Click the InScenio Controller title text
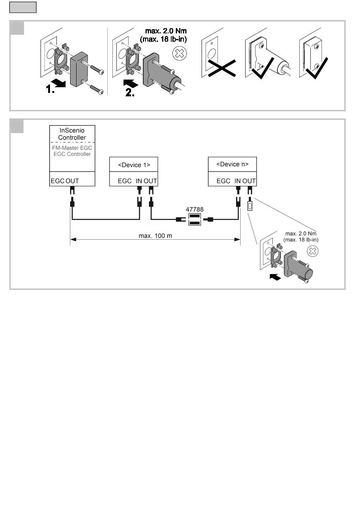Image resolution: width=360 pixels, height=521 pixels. pos(72,134)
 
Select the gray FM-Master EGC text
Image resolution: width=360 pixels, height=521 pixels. pos(72,148)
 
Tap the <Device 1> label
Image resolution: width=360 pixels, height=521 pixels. pos(134,165)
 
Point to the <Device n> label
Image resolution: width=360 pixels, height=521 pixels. pos(232,164)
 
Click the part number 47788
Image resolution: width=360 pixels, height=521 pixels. pos(194,209)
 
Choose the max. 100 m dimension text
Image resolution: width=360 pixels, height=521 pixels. pos(155,236)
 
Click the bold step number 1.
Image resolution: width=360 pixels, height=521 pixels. pos(50,89)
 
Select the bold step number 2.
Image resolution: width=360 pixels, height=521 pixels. pos(130,93)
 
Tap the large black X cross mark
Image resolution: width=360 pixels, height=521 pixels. pos(222,68)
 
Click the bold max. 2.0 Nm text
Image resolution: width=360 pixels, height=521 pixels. pos(166,31)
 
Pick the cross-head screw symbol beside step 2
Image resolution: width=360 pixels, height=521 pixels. pos(179,53)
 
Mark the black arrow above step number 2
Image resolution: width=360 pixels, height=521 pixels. pos(130,84)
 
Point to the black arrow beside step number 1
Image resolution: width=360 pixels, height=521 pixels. pos(58,83)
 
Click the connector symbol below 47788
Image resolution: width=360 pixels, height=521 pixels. pos(194,220)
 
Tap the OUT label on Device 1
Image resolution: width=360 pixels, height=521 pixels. pos(150,181)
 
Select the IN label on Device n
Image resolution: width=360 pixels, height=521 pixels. pos(238,181)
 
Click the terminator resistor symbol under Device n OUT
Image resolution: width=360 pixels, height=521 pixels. pos(250,206)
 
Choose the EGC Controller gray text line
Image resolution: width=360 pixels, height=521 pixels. pos(72,154)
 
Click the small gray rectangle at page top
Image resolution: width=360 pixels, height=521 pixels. pos(23,7)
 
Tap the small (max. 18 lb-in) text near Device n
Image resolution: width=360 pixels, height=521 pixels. pos(301,240)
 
